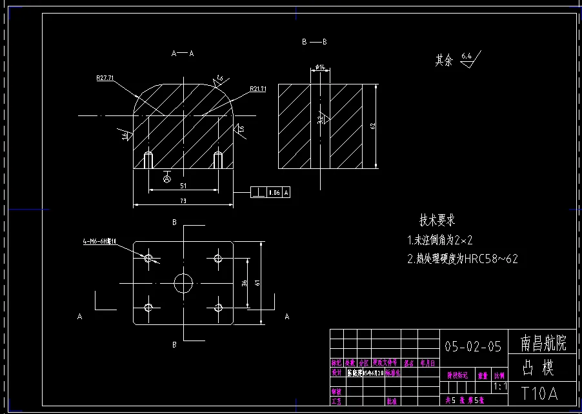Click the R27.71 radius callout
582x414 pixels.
[x=105, y=78]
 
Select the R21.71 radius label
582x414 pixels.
[x=258, y=89]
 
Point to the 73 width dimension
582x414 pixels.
[x=183, y=201]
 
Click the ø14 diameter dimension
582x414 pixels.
[x=319, y=67]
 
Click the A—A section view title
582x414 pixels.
[x=183, y=54]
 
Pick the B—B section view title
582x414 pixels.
[x=314, y=42]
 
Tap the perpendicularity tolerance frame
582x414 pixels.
[x=270, y=192]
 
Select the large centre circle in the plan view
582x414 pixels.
[x=184, y=282]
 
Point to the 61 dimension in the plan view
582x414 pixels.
[x=259, y=282]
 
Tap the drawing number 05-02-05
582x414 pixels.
[x=473, y=347]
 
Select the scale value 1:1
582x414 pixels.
[x=499, y=387]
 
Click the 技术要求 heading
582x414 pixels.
[x=437, y=221]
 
